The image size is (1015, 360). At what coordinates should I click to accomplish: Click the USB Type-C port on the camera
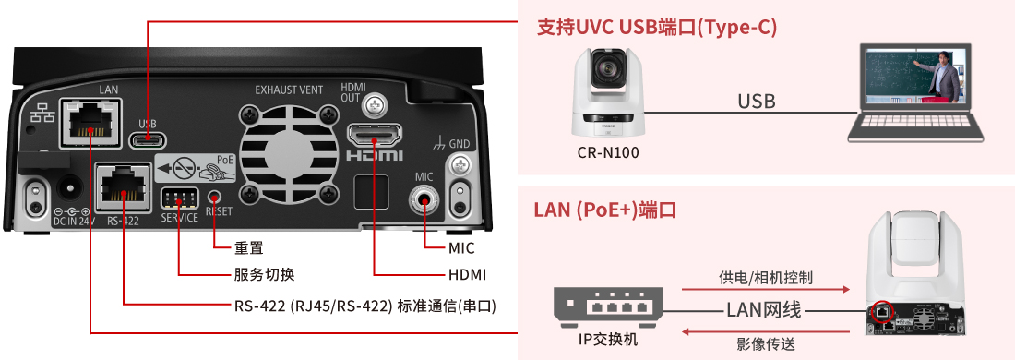[149, 138]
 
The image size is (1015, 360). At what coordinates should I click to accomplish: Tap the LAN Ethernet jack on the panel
[90, 123]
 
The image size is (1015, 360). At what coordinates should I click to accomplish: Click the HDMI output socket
[374, 136]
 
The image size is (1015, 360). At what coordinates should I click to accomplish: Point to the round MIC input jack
[424, 202]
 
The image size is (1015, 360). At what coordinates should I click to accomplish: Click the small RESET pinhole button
[215, 196]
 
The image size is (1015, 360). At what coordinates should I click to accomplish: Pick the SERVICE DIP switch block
[178, 198]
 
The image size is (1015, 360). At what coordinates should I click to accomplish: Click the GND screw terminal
[460, 163]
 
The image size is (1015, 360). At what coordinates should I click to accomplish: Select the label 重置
[248, 248]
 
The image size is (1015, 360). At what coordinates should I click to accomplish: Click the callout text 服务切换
[264, 274]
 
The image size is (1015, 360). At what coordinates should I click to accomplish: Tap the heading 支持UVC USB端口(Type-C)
[657, 27]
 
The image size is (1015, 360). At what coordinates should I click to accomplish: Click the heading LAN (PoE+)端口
[605, 210]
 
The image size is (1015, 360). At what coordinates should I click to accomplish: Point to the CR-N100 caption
[608, 154]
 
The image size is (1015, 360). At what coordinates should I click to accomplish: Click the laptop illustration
[915, 92]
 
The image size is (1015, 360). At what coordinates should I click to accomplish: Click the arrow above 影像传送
[766, 332]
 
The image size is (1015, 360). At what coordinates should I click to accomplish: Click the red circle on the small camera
[881, 311]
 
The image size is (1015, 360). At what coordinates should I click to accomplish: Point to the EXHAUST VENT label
[289, 90]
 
